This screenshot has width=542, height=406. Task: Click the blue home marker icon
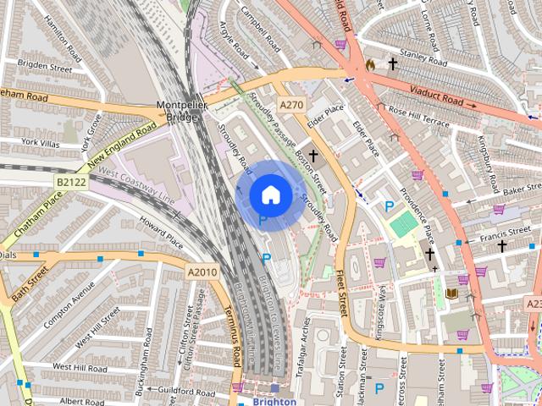[x=270, y=195]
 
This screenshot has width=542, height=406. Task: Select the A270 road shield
[x=291, y=105]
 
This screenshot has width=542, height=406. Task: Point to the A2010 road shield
[x=202, y=272]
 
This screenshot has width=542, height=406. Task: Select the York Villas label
[x=40, y=142]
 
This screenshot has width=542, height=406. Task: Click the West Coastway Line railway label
[x=136, y=187]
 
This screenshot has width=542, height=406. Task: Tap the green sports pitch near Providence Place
[x=405, y=224]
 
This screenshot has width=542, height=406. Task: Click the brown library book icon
[x=451, y=294]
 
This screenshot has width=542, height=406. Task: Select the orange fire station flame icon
[x=370, y=65]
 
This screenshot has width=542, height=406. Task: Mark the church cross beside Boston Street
[x=313, y=156]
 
